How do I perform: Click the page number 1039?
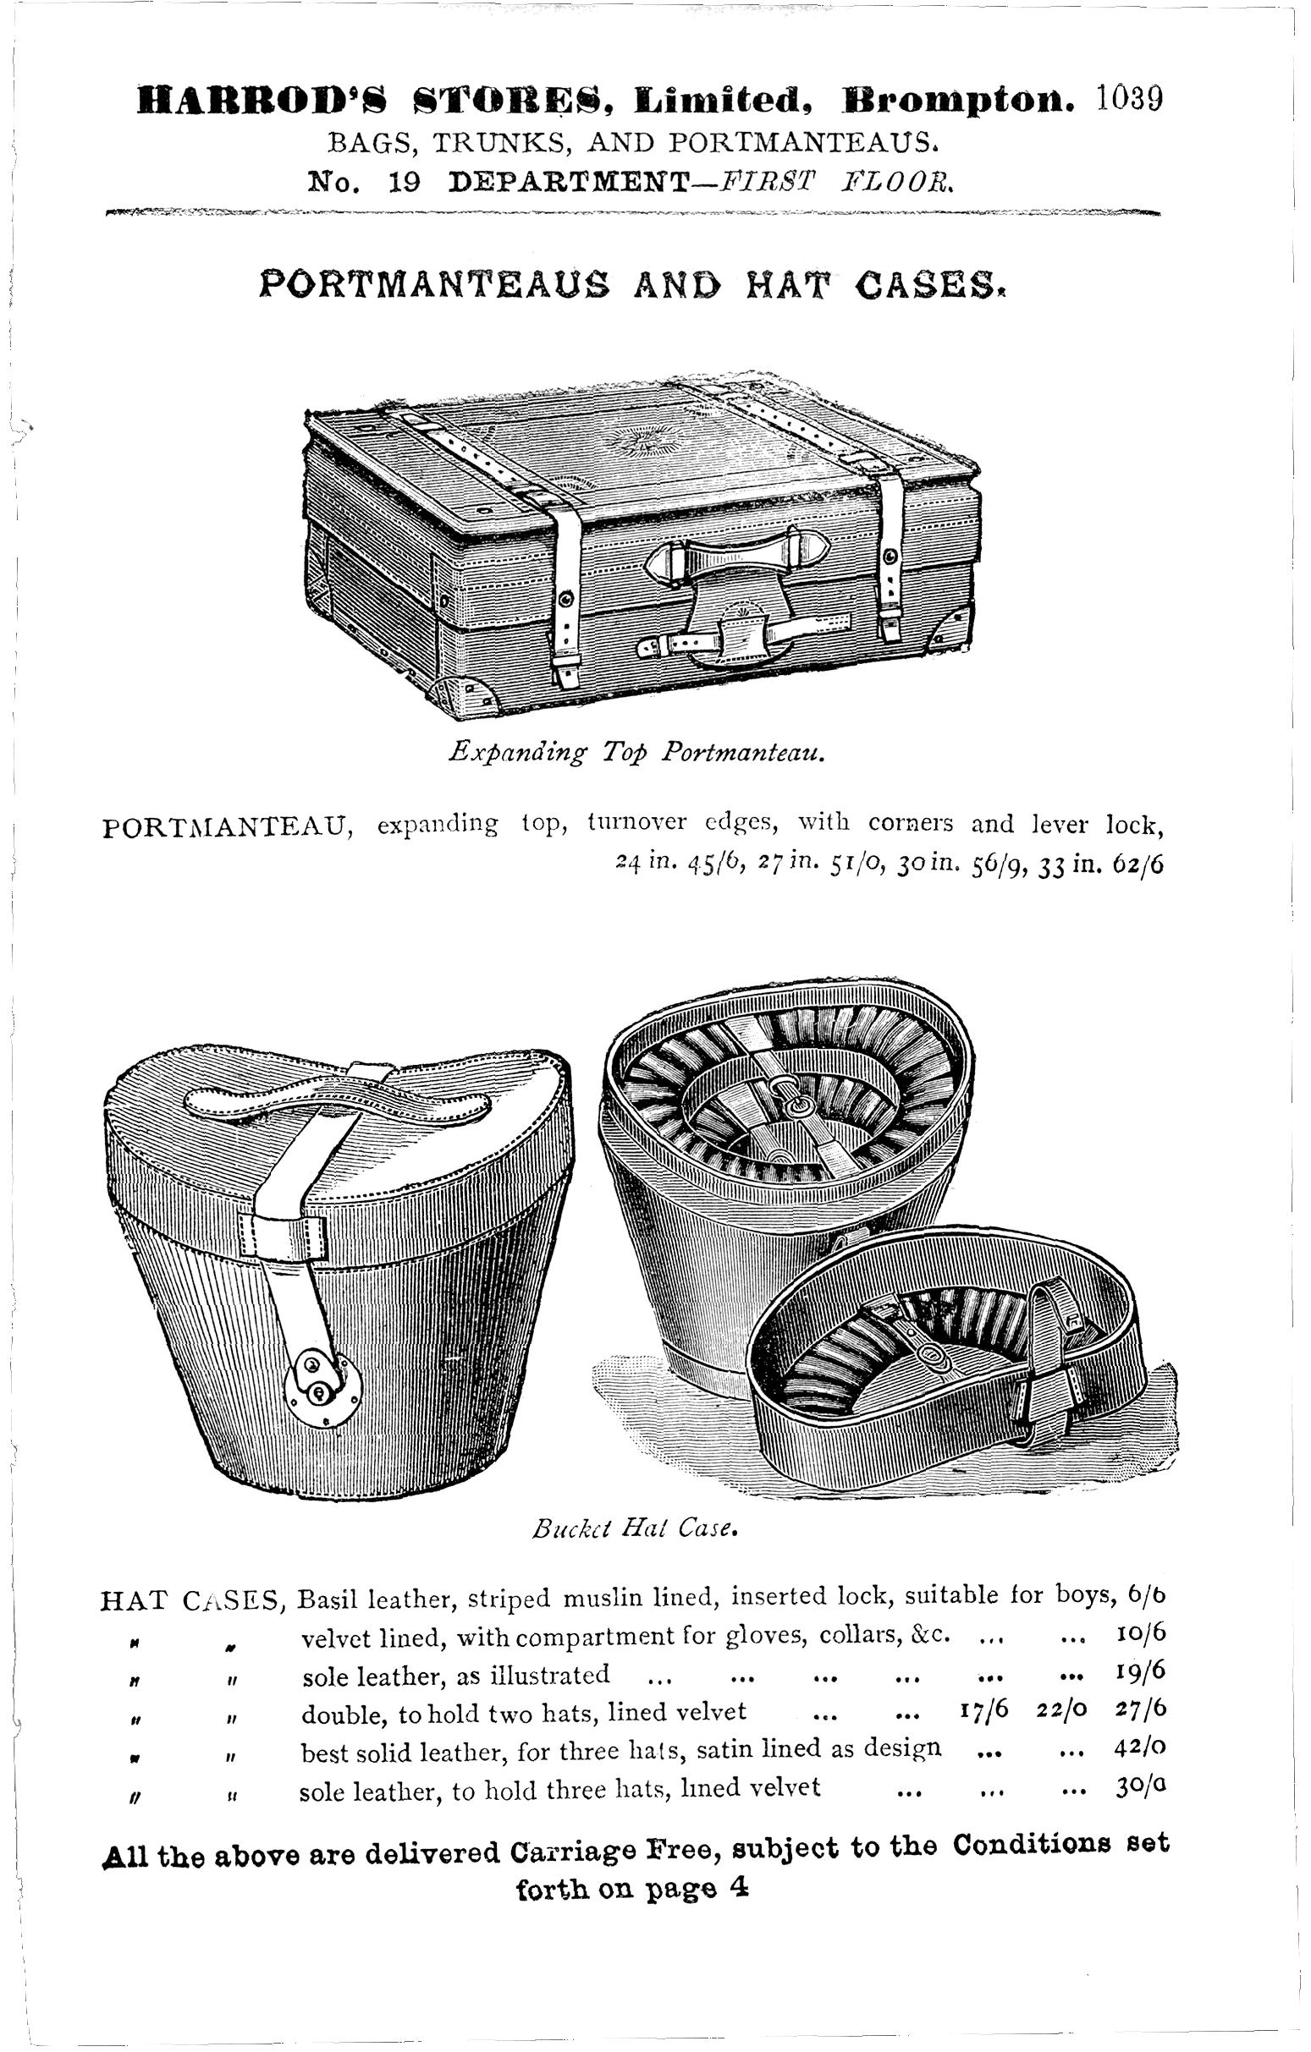1128,99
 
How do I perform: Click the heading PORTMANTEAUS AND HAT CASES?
632,283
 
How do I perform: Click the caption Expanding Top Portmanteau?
635,753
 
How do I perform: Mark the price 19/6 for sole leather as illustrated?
1139,1673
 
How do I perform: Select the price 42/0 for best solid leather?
1139,1748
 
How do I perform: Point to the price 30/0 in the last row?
1139,1787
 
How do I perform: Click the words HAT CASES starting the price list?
193,1599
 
